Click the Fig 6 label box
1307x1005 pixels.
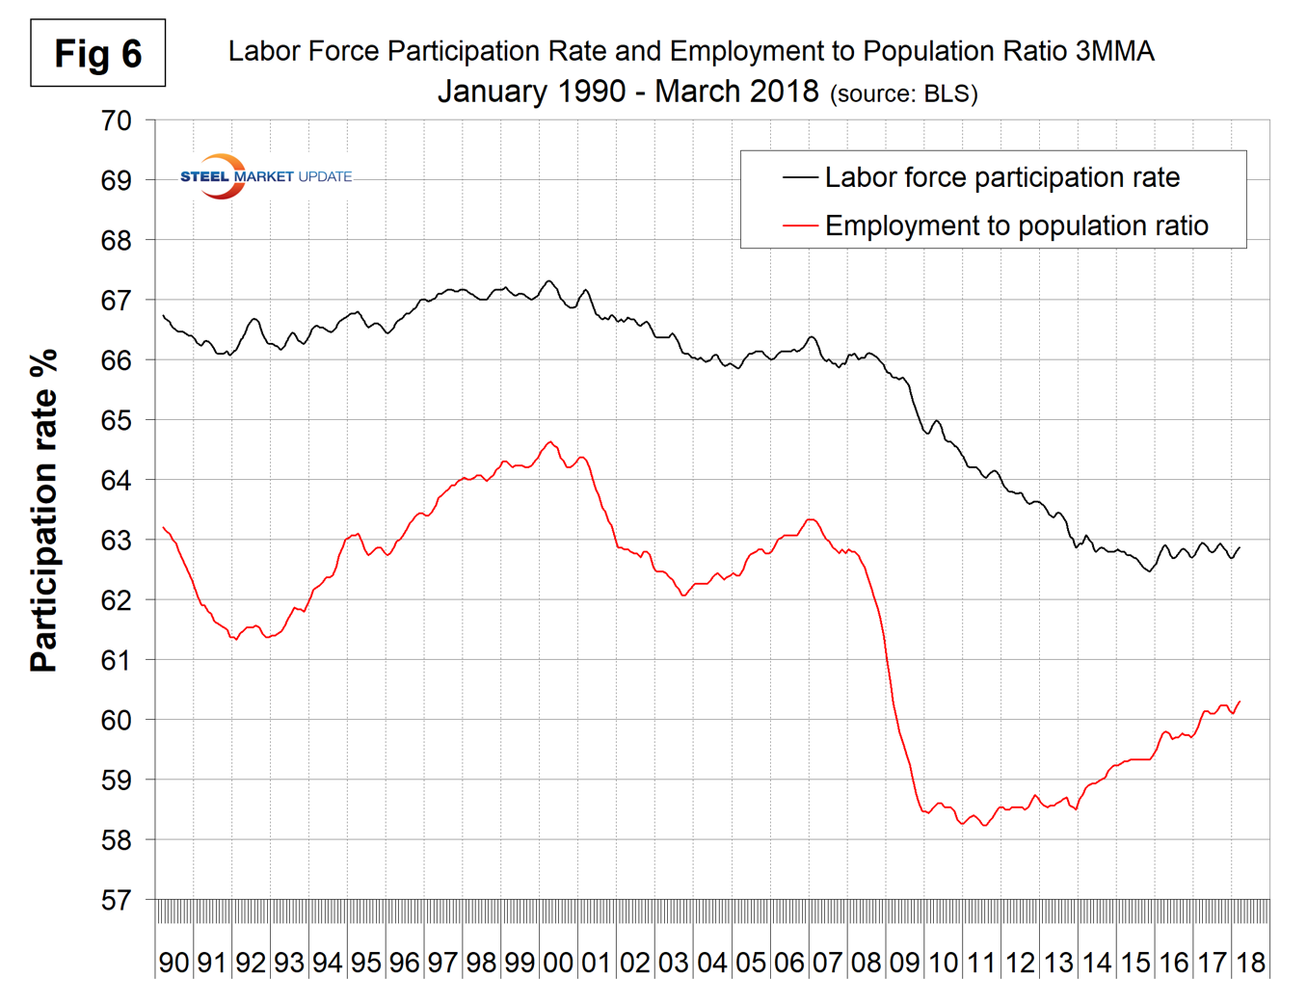97,53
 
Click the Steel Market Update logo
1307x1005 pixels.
265,176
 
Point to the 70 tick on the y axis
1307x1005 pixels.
116,120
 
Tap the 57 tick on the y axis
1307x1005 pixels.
116,900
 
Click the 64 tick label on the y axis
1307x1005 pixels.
116,480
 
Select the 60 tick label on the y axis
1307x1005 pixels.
116,720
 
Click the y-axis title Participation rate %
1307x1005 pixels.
43,511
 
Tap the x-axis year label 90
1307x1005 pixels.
173,962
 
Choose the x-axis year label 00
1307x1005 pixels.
558,962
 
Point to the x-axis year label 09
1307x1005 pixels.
904,962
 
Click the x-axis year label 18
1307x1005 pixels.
1250,962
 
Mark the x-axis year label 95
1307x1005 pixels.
365,962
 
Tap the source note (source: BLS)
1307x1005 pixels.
903,93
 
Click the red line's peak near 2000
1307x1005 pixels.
550,442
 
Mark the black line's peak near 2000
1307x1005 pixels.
548,281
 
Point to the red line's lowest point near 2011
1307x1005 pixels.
984,825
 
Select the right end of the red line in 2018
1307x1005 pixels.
1240,701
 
